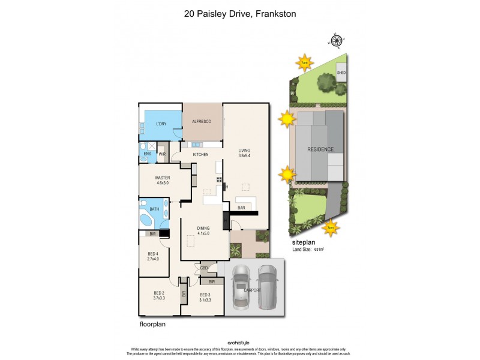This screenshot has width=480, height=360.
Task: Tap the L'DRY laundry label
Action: pos(161,124)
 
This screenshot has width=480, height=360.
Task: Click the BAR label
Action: pos(241,208)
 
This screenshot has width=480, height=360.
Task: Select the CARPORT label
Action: pos(252,290)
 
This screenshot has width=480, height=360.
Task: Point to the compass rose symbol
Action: pos(337,41)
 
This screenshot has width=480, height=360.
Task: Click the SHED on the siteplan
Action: pos(341,73)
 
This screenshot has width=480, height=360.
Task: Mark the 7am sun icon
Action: pos(305,62)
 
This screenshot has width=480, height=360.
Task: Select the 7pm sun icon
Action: pos(330,227)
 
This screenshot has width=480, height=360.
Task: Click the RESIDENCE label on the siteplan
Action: pos(320,149)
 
